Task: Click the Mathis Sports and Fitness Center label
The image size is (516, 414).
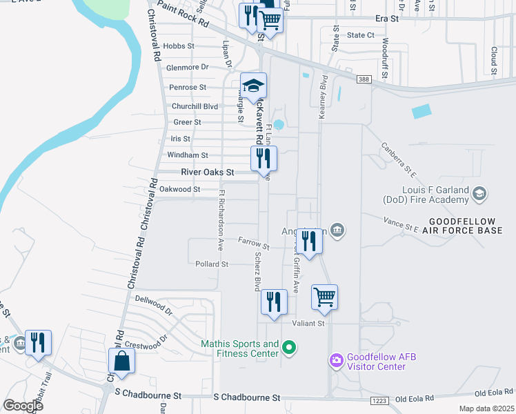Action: point(239,348)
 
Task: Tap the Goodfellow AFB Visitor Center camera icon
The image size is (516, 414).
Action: point(336,360)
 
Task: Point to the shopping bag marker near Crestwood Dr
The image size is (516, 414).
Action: point(122,362)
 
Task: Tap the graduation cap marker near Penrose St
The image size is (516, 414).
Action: point(254,86)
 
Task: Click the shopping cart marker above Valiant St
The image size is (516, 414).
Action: point(324,297)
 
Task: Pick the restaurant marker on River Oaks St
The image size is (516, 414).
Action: point(264,159)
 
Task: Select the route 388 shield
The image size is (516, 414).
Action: point(364,80)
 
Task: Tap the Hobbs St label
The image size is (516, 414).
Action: point(179,46)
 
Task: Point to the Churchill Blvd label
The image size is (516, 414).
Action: point(195,106)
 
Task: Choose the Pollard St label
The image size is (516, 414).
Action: point(212,264)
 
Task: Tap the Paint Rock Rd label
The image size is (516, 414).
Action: point(183,13)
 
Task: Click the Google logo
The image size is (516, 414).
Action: point(23,405)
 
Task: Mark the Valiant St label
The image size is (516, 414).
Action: point(308,323)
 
